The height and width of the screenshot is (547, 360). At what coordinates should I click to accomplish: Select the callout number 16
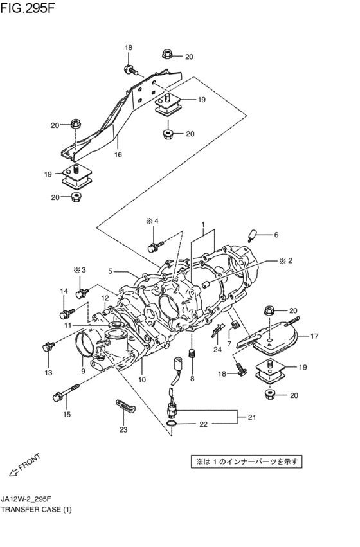pos(118,155)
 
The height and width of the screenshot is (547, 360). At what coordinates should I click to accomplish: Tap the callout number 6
pos(276,235)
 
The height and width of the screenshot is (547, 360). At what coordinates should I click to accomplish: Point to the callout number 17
pos(314,336)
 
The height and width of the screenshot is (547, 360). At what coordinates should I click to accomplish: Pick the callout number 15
pos(66,415)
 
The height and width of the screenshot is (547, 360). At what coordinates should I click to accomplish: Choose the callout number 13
pos(47,373)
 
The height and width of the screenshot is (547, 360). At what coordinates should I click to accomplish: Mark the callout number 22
pos(203,424)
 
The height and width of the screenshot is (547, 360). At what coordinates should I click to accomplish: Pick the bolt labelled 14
pos(64,314)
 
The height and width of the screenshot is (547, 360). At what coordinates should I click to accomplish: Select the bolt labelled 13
pos(46,348)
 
